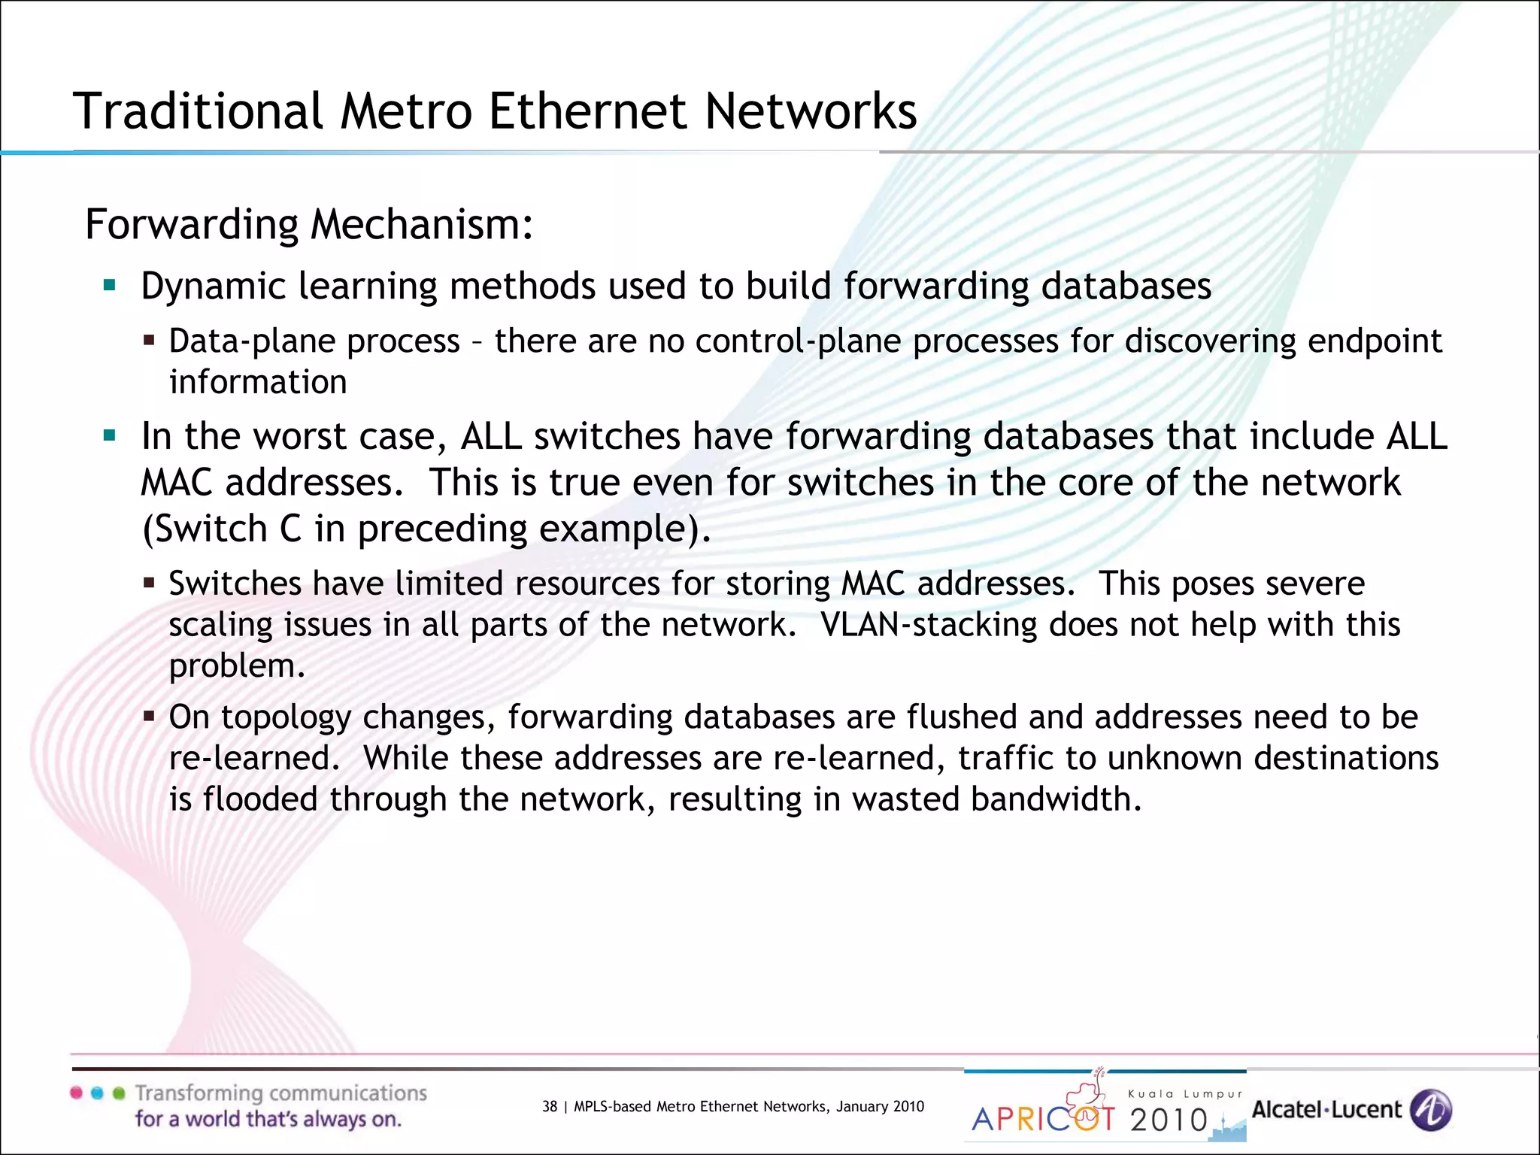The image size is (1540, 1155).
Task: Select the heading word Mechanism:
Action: coord(422,224)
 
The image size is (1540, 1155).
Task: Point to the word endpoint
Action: coord(1375,341)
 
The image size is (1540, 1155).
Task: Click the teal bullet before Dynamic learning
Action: coord(110,286)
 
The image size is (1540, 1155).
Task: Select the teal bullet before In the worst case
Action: coord(110,435)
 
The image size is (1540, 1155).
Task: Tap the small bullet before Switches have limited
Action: coord(149,583)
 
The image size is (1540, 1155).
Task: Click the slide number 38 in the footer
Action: coord(550,1106)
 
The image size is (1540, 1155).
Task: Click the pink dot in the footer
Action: coord(77,1093)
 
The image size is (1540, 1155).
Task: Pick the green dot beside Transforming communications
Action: coord(118,1093)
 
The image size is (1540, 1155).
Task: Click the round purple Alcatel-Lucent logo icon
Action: coord(1430,1110)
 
